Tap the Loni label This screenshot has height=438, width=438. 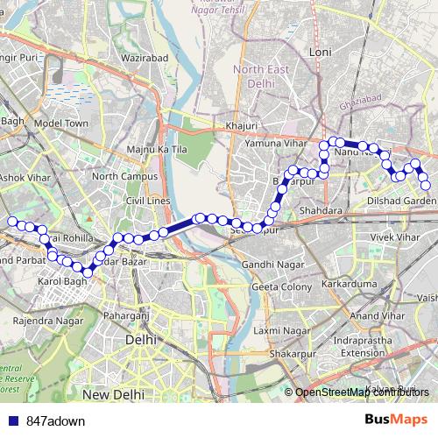(321, 53)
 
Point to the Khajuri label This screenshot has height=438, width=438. (241, 126)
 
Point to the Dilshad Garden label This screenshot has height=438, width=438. (403, 201)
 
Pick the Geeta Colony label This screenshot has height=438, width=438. (281, 286)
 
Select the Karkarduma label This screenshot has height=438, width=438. (349, 286)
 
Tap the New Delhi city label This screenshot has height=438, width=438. (113, 396)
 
